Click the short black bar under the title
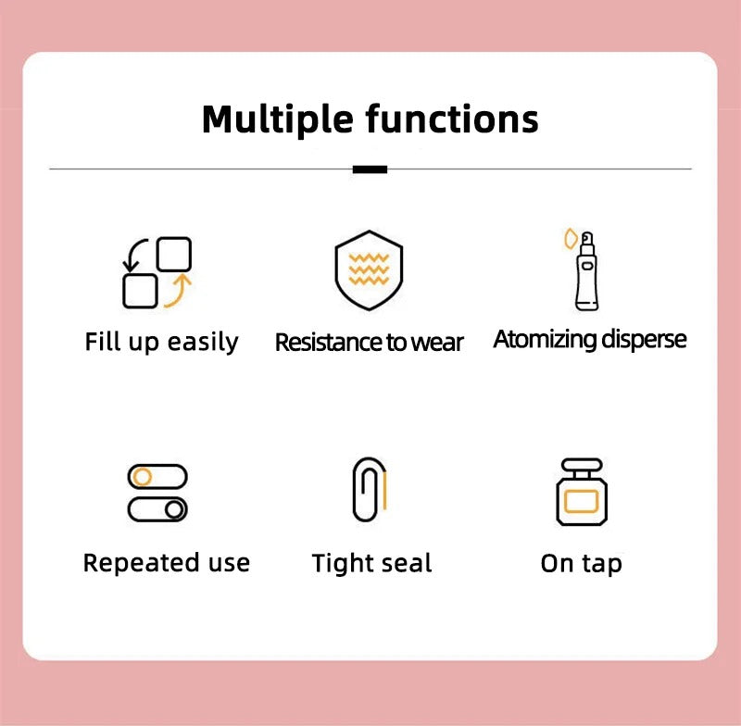[x=370, y=169]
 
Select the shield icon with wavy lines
[x=369, y=269]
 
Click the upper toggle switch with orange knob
[x=157, y=477]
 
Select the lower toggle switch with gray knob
[x=157, y=509]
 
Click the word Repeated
[x=127, y=563]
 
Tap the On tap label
[x=581, y=564]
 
